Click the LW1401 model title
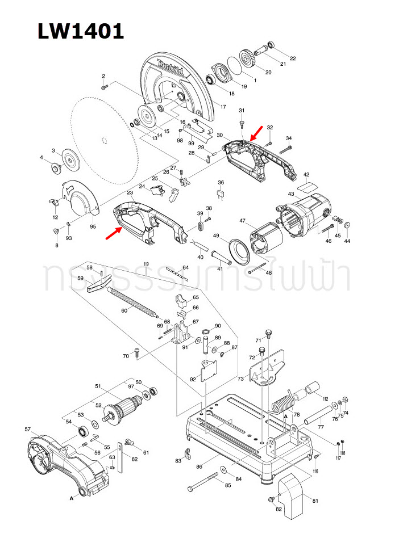pyautogui.click(x=80, y=31)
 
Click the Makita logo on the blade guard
pyautogui.click(x=171, y=68)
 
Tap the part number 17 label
pyautogui.click(x=223, y=107)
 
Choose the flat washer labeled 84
pyautogui.click(x=223, y=470)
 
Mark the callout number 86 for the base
pyautogui.click(x=199, y=466)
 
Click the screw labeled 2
pyautogui.click(x=105, y=87)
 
